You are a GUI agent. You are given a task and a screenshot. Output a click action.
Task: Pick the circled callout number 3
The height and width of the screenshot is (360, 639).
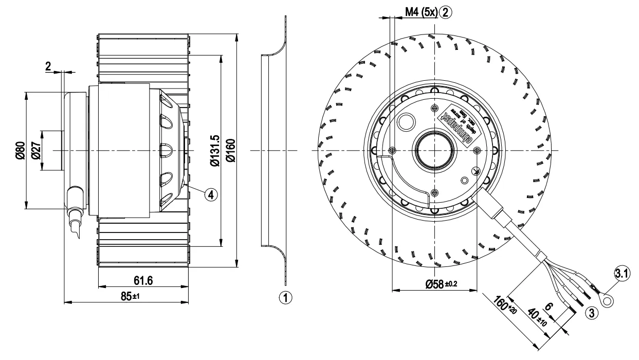pyautogui.click(x=592, y=312)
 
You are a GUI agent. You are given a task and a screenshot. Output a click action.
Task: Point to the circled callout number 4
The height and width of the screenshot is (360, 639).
pyautogui.click(x=210, y=194)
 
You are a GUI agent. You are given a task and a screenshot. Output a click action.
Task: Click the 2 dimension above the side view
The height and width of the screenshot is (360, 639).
pyautogui.click(x=48, y=66)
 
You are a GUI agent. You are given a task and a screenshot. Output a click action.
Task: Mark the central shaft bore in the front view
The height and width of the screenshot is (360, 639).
pyautogui.click(x=434, y=151)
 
